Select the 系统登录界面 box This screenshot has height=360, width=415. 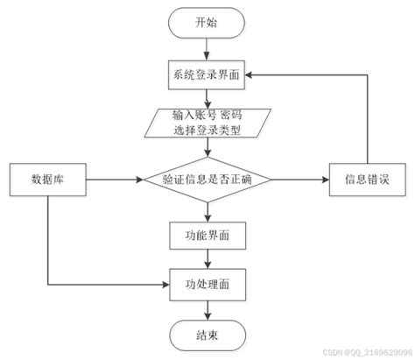[207, 76]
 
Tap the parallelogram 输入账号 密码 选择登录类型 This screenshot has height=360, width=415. [207, 123]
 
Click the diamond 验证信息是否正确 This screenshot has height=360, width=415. [207, 180]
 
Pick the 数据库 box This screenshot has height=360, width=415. [46, 180]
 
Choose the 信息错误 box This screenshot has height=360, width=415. [366, 180]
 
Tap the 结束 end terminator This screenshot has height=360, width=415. [207, 335]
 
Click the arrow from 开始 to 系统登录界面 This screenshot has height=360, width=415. [207, 51]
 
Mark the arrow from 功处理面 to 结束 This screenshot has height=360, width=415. [207, 308]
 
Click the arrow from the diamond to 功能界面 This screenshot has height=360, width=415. [207, 211]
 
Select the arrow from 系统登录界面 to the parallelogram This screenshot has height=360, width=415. [207, 98]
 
